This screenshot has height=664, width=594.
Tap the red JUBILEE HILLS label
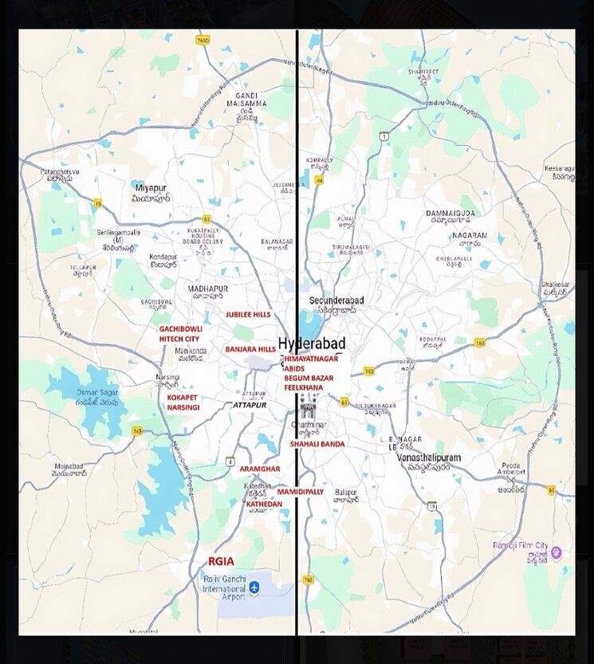click(x=248, y=315)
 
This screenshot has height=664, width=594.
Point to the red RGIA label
click(x=221, y=561)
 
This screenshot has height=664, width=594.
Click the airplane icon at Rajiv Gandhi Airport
click(x=254, y=587)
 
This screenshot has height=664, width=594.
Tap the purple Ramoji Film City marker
click(x=557, y=552)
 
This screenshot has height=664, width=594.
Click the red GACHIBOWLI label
click(x=180, y=328)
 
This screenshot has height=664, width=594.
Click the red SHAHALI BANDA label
click(x=317, y=444)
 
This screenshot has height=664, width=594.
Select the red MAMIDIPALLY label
click(x=300, y=492)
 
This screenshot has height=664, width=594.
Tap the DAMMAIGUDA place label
click(x=450, y=214)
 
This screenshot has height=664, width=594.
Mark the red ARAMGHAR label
click(x=260, y=469)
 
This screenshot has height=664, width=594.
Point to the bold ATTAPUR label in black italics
click(x=250, y=406)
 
